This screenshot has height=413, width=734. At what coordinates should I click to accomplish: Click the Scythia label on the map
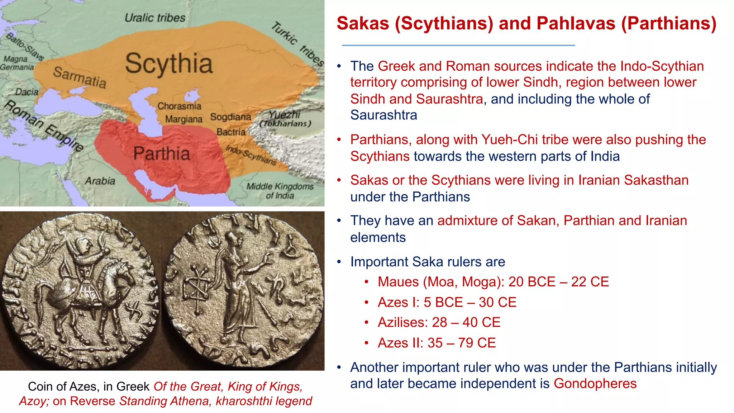point(169,64)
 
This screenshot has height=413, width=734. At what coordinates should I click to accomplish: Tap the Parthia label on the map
point(162,153)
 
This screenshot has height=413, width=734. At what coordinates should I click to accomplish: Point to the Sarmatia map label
point(80,77)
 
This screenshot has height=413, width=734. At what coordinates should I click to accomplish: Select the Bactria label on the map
point(231,132)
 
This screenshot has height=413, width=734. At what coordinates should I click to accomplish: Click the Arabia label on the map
point(100,181)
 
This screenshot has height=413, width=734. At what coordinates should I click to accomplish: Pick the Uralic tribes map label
point(155,18)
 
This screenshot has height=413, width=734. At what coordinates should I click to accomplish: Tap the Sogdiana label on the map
point(230,117)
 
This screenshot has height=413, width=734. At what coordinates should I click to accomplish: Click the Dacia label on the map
point(27,92)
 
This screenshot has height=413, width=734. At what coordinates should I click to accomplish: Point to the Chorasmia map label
point(179,106)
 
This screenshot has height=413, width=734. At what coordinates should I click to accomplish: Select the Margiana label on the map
point(183,119)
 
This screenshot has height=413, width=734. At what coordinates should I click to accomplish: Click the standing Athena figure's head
point(232,238)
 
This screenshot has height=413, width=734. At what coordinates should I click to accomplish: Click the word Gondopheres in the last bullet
point(595,384)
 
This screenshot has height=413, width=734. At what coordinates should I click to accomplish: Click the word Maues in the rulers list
point(398,282)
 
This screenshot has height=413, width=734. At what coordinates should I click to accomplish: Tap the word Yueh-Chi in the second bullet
point(509,139)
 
